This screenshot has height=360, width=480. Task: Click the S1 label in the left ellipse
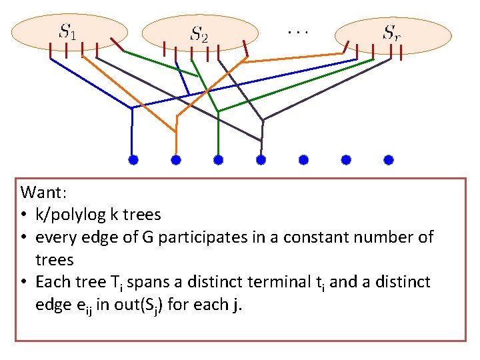pyautogui.click(x=67, y=31)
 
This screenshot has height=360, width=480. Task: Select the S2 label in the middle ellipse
pyautogui.click(x=199, y=33)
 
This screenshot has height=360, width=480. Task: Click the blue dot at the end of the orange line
pyautogui.click(x=176, y=160)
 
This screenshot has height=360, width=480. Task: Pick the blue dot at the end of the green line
pyautogui.click(x=218, y=160)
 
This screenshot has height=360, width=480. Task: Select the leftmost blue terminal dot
pyautogui.click(x=133, y=160)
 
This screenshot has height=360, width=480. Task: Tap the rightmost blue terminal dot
pyautogui.click(x=389, y=160)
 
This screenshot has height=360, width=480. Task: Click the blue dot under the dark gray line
pyautogui.click(x=261, y=160)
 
